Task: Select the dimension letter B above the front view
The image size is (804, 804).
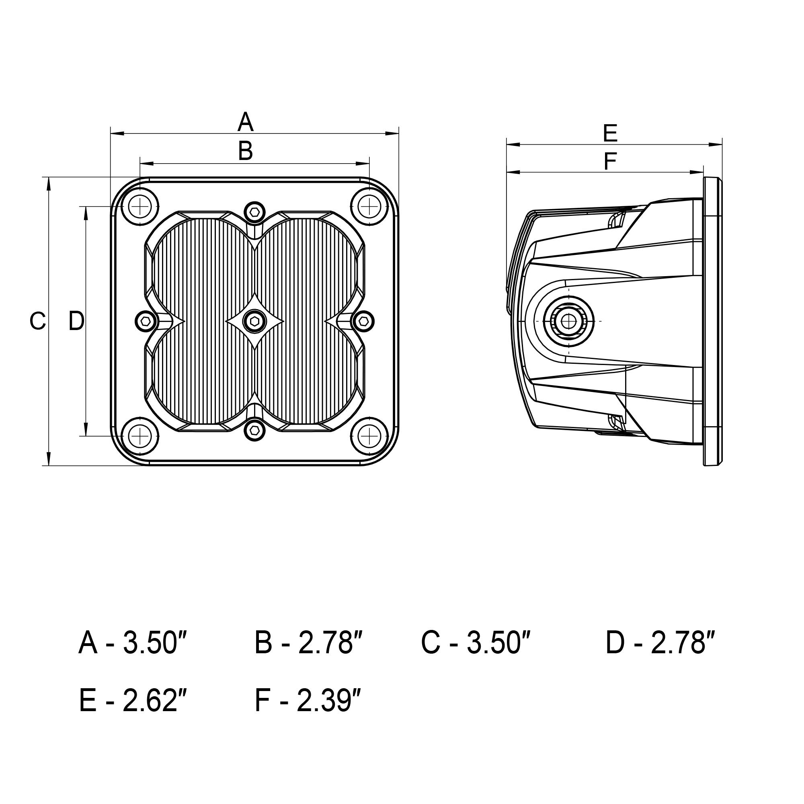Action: coord(246,151)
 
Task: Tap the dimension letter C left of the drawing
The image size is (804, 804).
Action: coord(37,321)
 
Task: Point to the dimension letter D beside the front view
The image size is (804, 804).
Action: coord(76,321)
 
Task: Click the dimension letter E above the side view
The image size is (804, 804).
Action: coord(610,134)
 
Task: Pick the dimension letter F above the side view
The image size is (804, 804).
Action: coord(610,162)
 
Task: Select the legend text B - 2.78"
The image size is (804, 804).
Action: coord(309,643)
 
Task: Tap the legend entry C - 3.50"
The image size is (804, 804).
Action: coord(476,643)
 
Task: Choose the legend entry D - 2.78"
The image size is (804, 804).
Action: coord(660,643)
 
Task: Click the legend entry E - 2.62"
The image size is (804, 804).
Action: coord(133,701)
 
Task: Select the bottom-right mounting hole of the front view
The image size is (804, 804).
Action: coord(369,436)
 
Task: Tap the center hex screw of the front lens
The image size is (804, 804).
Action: coord(254,321)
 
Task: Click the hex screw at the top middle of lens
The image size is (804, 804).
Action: coord(254,212)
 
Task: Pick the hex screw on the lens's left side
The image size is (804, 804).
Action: coord(146,321)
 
